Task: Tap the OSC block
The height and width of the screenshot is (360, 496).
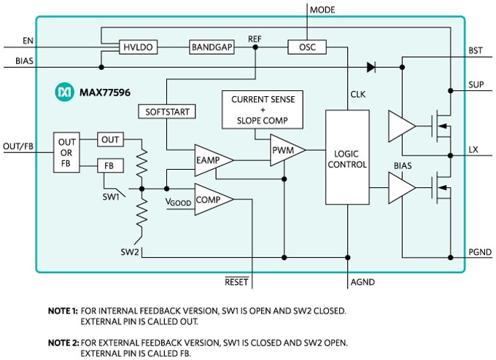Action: pyautogui.click(x=306, y=47)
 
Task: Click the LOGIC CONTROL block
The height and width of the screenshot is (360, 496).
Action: pyautogui.click(x=347, y=157)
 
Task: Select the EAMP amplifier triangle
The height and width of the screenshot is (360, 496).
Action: pyautogui.click(x=212, y=160)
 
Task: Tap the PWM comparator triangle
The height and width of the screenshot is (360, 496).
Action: pyautogui.click(x=284, y=151)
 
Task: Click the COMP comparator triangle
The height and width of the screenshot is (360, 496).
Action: pyautogui.click(x=212, y=198)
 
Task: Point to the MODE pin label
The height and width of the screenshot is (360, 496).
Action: pyautogui.click(x=322, y=9)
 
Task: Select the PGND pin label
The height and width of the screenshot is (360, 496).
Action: pyautogui.click(x=479, y=251)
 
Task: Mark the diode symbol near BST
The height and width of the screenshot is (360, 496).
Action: pyautogui.click(x=371, y=67)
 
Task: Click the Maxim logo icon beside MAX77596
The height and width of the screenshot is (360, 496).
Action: pyautogui.click(x=63, y=93)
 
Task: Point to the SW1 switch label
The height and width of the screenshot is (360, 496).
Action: pyautogui.click(x=110, y=197)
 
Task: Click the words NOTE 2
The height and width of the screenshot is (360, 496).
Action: pyautogui.click(x=63, y=342)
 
